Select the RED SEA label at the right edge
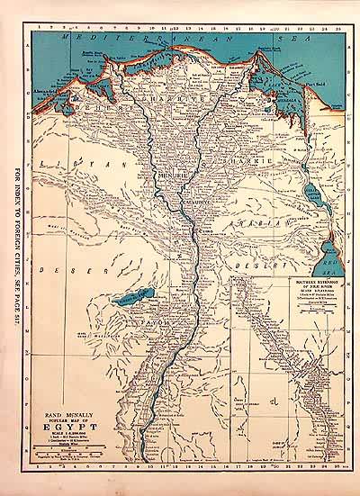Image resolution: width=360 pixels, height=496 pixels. click(329, 251)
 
